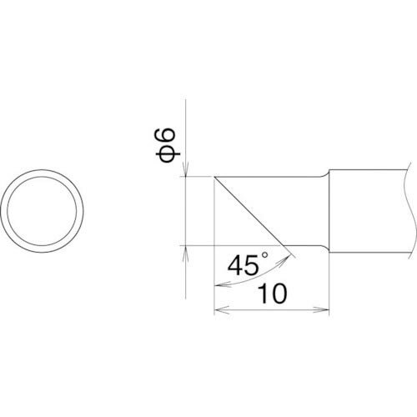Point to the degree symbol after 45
pyautogui.click(x=266, y=259)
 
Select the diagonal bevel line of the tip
pyautogui.click(x=250, y=212)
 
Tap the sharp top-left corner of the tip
pyautogui.click(x=215, y=177)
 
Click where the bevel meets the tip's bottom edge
pyautogui.click(x=284, y=246)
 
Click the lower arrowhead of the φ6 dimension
pyautogui.click(x=185, y=250)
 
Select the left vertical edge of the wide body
pyautogui.click(x=330, y=212)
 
